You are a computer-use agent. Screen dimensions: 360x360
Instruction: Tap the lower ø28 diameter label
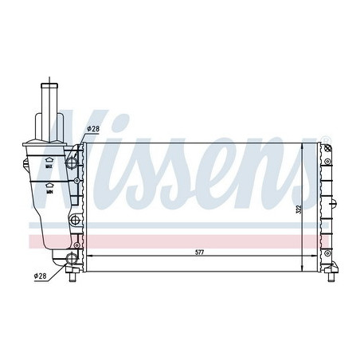[41, 275]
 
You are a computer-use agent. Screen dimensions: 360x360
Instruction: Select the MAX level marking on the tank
[49, 167]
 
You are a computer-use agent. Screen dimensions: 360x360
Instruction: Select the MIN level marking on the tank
[49, 192]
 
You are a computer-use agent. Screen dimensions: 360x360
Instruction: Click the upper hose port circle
[74, 161]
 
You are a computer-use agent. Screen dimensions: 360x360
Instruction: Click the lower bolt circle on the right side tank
[327, 252]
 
